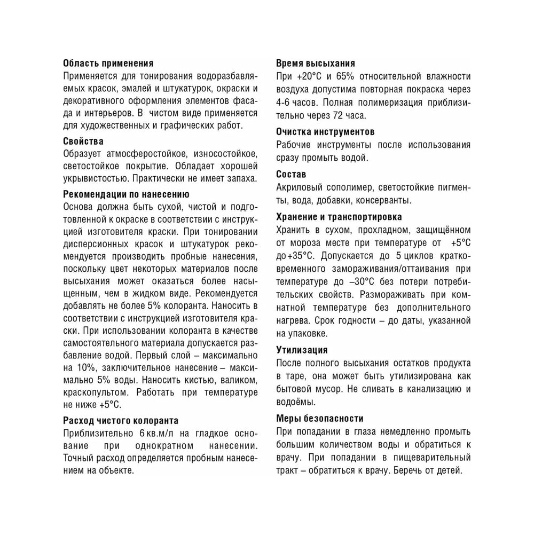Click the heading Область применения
click(108, 63)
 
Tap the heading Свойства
click(83, 142)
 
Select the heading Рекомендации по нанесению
click(126, 194)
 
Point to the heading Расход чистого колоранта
click(121, 420)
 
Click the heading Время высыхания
click(316, 63)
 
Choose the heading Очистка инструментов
click(325, 131)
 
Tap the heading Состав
click(291, 175)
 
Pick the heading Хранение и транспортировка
click(339, 217)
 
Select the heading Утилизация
click(302, 350)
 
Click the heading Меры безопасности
click(320, 419)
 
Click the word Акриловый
click(300, 188)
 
